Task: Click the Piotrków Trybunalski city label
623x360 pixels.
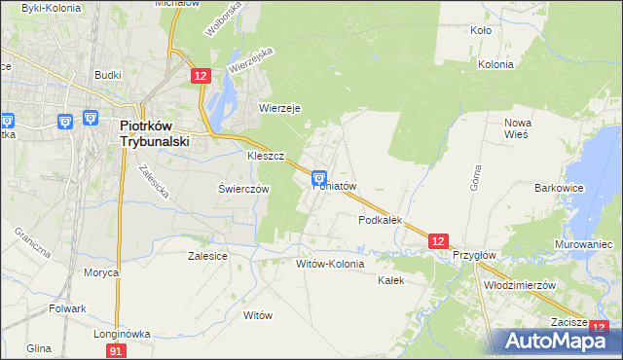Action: [x=155, y=132]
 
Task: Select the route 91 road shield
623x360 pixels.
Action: [x=116, y=349]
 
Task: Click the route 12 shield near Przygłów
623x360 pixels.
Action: [x=438, y=240]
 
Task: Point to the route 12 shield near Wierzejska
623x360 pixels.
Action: [x=201, y=75]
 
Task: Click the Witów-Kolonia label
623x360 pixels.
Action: [x=330, y=264]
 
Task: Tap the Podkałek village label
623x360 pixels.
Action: [x=381, y=220]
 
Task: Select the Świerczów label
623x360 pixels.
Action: [x=243, y=189]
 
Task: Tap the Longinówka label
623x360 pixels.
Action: [x=122, y=333]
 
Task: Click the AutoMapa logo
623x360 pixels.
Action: [x=560, y=341]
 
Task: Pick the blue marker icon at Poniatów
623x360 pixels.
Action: [x=318, y=178]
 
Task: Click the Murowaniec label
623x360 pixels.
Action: [x=582, y=243]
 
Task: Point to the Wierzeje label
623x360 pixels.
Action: [x=279, y=108]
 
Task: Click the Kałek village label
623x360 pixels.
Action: [x=389, y=279]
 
